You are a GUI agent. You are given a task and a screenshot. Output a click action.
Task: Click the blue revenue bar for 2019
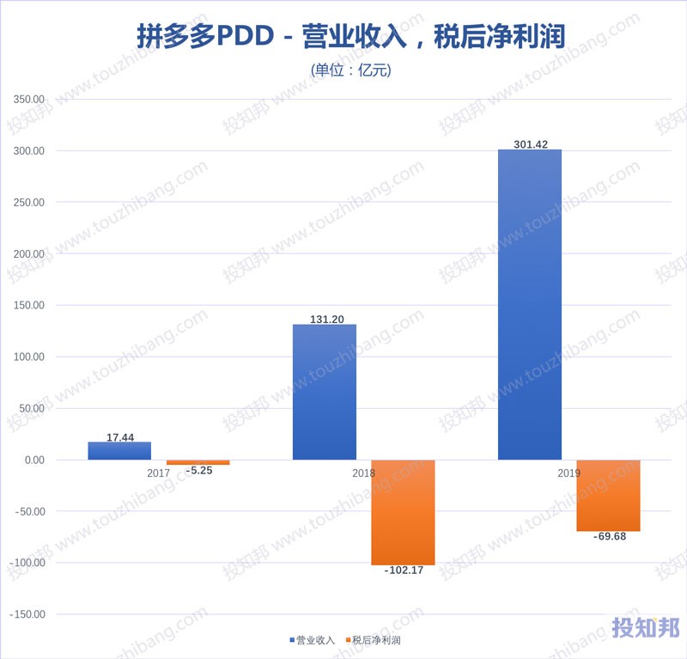[x=530, y=305]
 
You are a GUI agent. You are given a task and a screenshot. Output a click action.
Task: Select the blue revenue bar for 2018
[x=325, y=392]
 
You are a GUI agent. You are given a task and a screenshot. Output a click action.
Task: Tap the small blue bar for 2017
[x=119, y=451]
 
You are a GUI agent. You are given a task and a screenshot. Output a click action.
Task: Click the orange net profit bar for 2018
[x=403, y=512]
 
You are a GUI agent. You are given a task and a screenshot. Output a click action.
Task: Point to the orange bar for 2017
[x=198, y=462]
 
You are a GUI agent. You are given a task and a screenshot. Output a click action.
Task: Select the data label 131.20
[x=326, y=319]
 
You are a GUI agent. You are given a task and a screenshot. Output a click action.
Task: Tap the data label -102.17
[x=403, y=571]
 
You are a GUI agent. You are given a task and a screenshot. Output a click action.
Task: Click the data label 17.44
[x=119, y=437]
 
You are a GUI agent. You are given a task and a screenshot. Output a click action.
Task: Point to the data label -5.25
[x=198, y=471]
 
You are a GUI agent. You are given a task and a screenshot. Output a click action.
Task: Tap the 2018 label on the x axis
[x=363, y=473]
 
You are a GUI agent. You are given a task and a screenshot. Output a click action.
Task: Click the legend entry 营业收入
[x=312, y=640]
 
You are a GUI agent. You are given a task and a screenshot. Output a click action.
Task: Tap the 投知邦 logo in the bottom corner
[x=644, y=629]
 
